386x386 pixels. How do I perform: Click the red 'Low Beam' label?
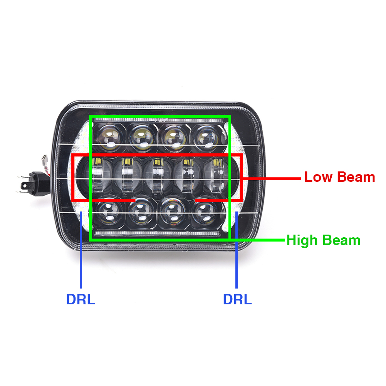click(x=339, y=177)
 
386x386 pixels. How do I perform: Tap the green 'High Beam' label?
click(x=324, y=240)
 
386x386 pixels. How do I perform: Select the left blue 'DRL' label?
click(x=81, y=299)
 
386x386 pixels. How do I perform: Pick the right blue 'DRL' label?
click(x=237, y=299)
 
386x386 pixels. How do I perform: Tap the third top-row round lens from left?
click(x=175, y=138)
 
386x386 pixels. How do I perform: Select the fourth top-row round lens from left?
click(x=206, y=138)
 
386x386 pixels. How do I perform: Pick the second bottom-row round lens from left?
click(x=141, y=212)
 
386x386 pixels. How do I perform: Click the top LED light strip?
click(x=159, y=120)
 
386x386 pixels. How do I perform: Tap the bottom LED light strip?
click(x=157, y=233)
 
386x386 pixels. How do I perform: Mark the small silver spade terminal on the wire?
click(x=44, y=160)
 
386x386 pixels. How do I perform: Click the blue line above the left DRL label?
click(x=81, y=249)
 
